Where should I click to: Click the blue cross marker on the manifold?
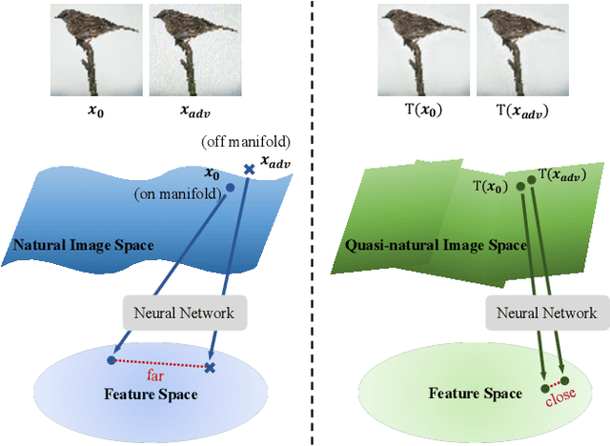(250, 170)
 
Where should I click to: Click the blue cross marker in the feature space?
(211, 367)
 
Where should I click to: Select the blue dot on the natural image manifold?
(229, 187)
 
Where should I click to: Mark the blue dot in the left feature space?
(112, 360)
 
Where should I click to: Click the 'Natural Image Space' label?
(83, 245)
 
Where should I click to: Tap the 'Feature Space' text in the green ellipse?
(475, 394)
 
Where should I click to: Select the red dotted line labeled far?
(161, 363)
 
